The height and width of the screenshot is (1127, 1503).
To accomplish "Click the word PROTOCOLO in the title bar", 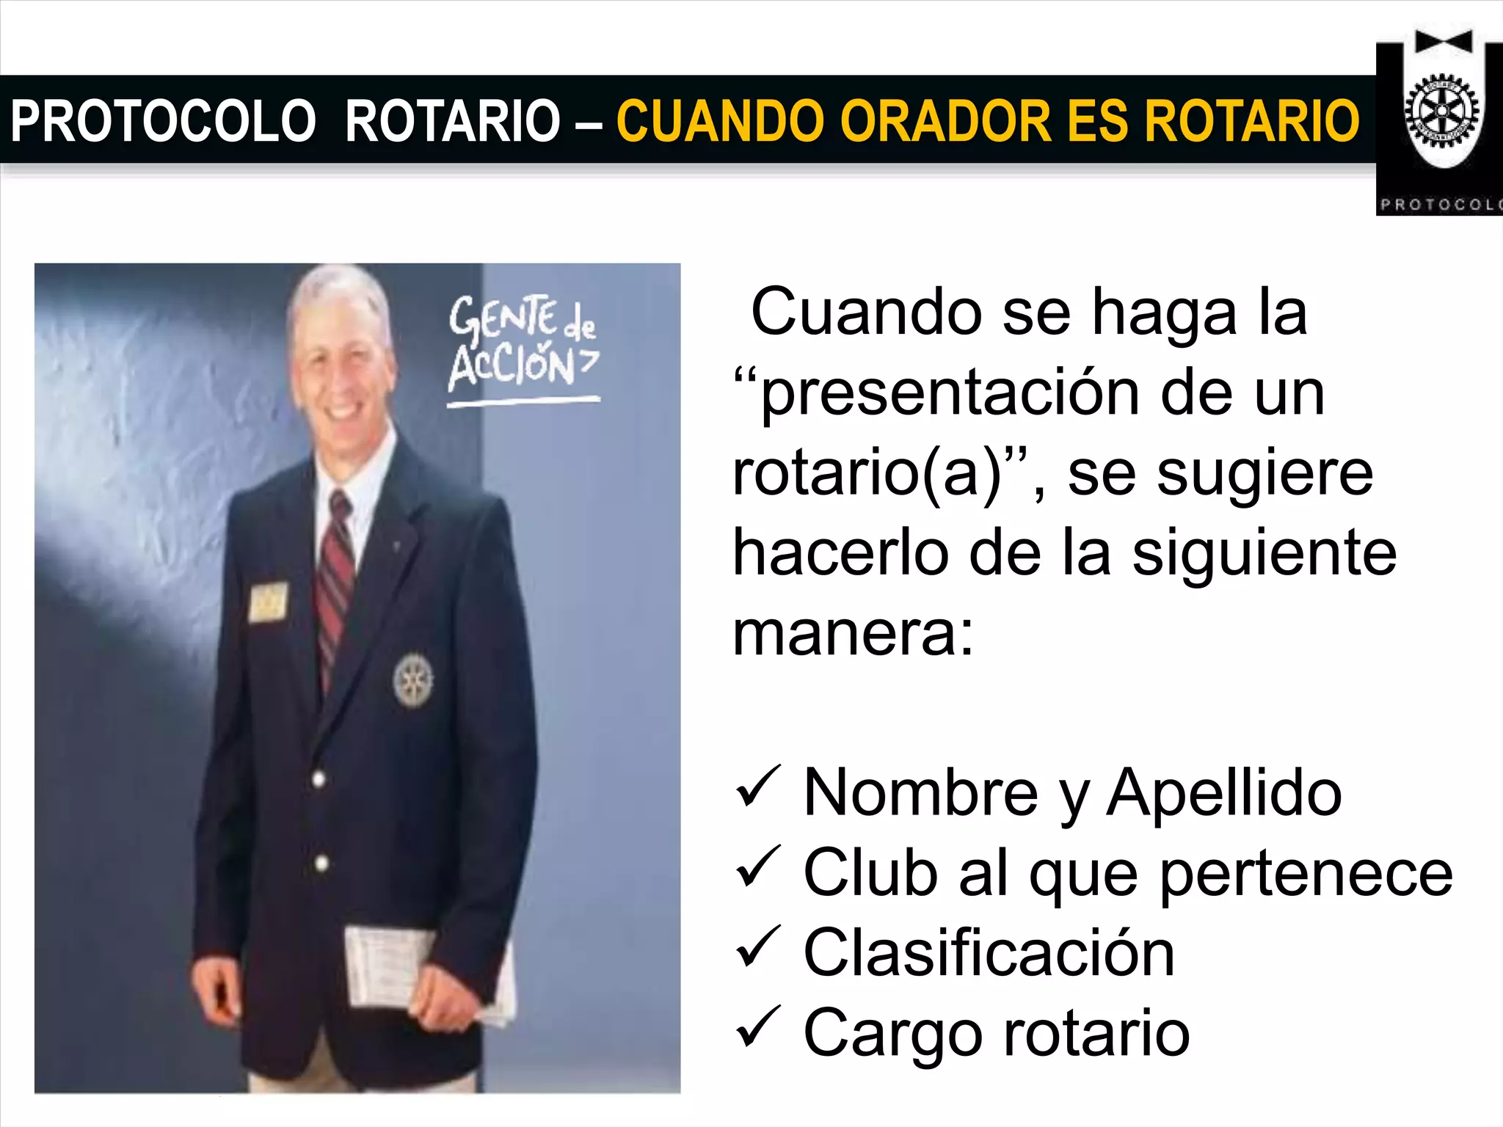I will tap(163, 120).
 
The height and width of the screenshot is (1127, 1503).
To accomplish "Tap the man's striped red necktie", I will tap(335, 580).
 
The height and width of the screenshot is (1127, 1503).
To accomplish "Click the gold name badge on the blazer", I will tap(268, 602).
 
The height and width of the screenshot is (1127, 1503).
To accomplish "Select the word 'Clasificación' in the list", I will tap(989, 952).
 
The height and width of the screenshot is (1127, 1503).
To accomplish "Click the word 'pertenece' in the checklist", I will tap(1306, 873).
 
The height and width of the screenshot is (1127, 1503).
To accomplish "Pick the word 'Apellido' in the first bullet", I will tap(1223, 792).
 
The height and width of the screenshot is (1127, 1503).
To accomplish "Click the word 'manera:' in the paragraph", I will tap(853, 632).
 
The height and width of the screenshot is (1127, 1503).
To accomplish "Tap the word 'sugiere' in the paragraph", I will tap(1220, 474).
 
